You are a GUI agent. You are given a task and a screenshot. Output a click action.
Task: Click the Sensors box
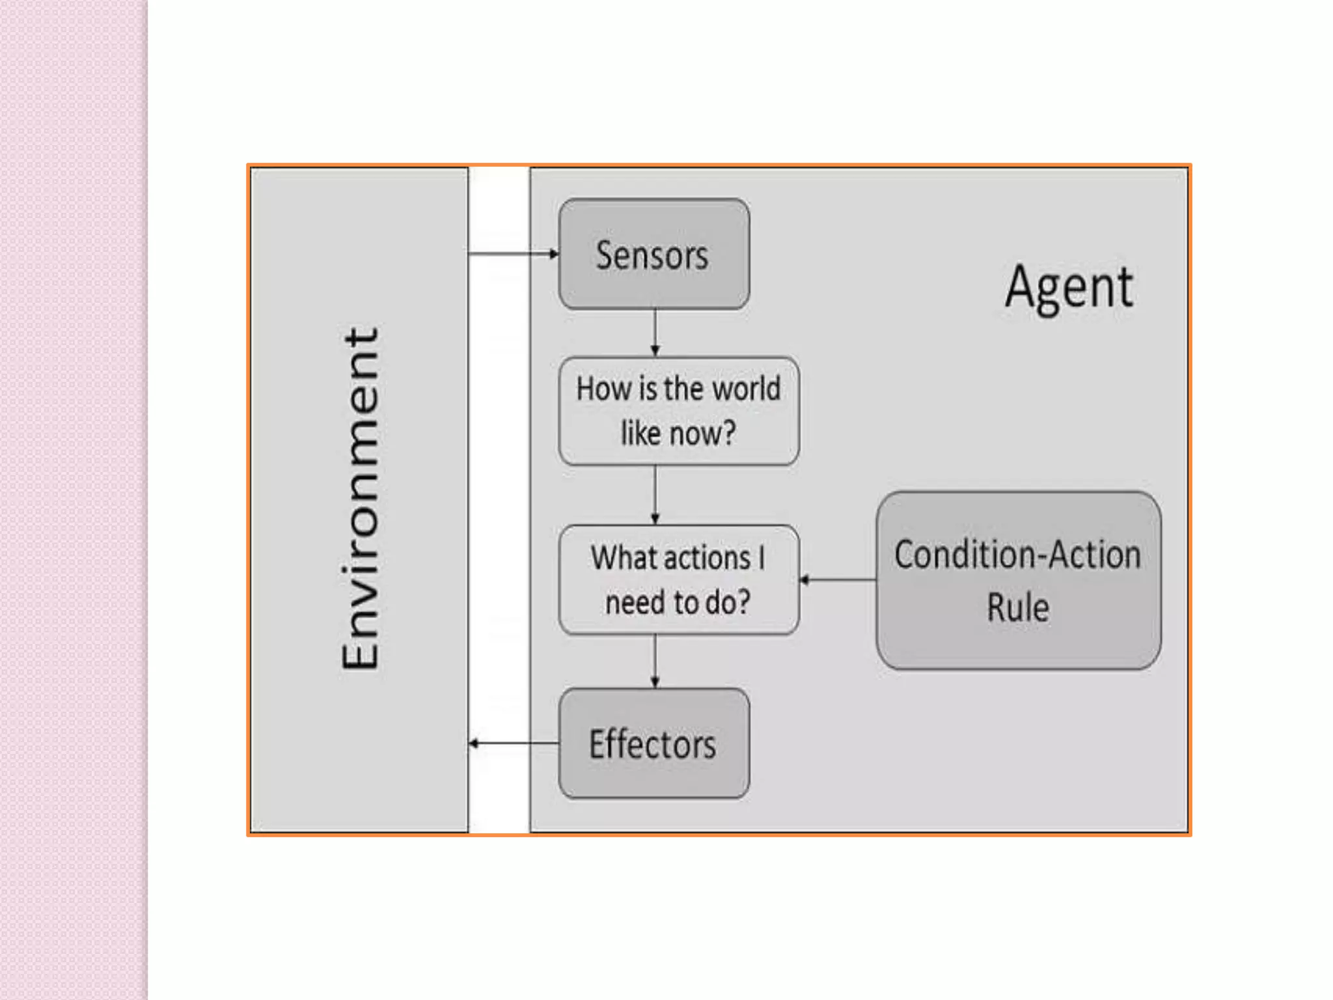click(x=653, y=254)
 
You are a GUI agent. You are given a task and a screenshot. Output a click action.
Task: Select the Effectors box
click(x=653, y=743)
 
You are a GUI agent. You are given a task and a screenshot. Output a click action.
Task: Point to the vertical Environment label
click(x=360, y=498)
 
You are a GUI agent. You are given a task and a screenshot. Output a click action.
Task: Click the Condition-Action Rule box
click(x=1018, y=580)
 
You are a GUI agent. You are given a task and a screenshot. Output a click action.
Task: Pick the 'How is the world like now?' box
click(x=678, y=411)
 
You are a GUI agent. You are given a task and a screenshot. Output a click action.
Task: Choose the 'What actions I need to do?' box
click(x=678, y=579)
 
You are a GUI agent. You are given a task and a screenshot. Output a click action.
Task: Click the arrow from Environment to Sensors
click(x=513, y=253)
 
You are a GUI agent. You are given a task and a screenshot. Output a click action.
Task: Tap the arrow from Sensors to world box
click(x=655, y=333)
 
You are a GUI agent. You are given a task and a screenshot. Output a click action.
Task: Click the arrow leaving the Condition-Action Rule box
click(x=838, y=579)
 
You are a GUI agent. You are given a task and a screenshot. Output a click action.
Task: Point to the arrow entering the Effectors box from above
click(x=655, y=661)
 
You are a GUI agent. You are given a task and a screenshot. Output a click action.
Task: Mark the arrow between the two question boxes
click(x=655, y=495)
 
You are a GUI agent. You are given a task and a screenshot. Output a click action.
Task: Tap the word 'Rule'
click(x=1018, y=607)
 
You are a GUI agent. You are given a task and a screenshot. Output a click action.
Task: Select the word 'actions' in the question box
click(x=707, y=558)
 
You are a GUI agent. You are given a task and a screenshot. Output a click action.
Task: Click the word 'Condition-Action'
click(x=1017, y=555)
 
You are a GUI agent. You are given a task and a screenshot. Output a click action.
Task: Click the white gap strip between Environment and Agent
click(x=499, y=498)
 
